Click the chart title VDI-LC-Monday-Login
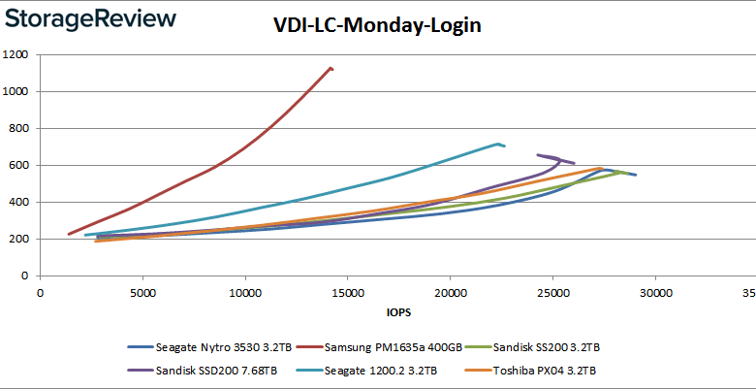(377, 26)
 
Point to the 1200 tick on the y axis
(16, 55)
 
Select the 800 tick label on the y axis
(18, 129)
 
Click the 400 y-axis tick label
(18, 203)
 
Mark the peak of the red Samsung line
(331, 68)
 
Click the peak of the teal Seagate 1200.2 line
(497, 145)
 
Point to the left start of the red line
(69, 234)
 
